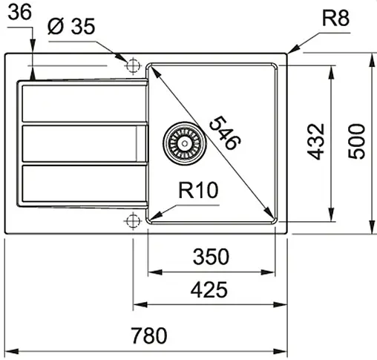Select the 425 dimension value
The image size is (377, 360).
click(x=208, y=290)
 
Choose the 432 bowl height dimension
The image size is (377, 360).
click(x=316, y=141)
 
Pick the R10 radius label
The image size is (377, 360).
click(x=197, y=191)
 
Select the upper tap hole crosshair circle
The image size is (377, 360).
click(x=133, y=65)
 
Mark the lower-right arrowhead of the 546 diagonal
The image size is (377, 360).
click(x=269, y=215)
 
